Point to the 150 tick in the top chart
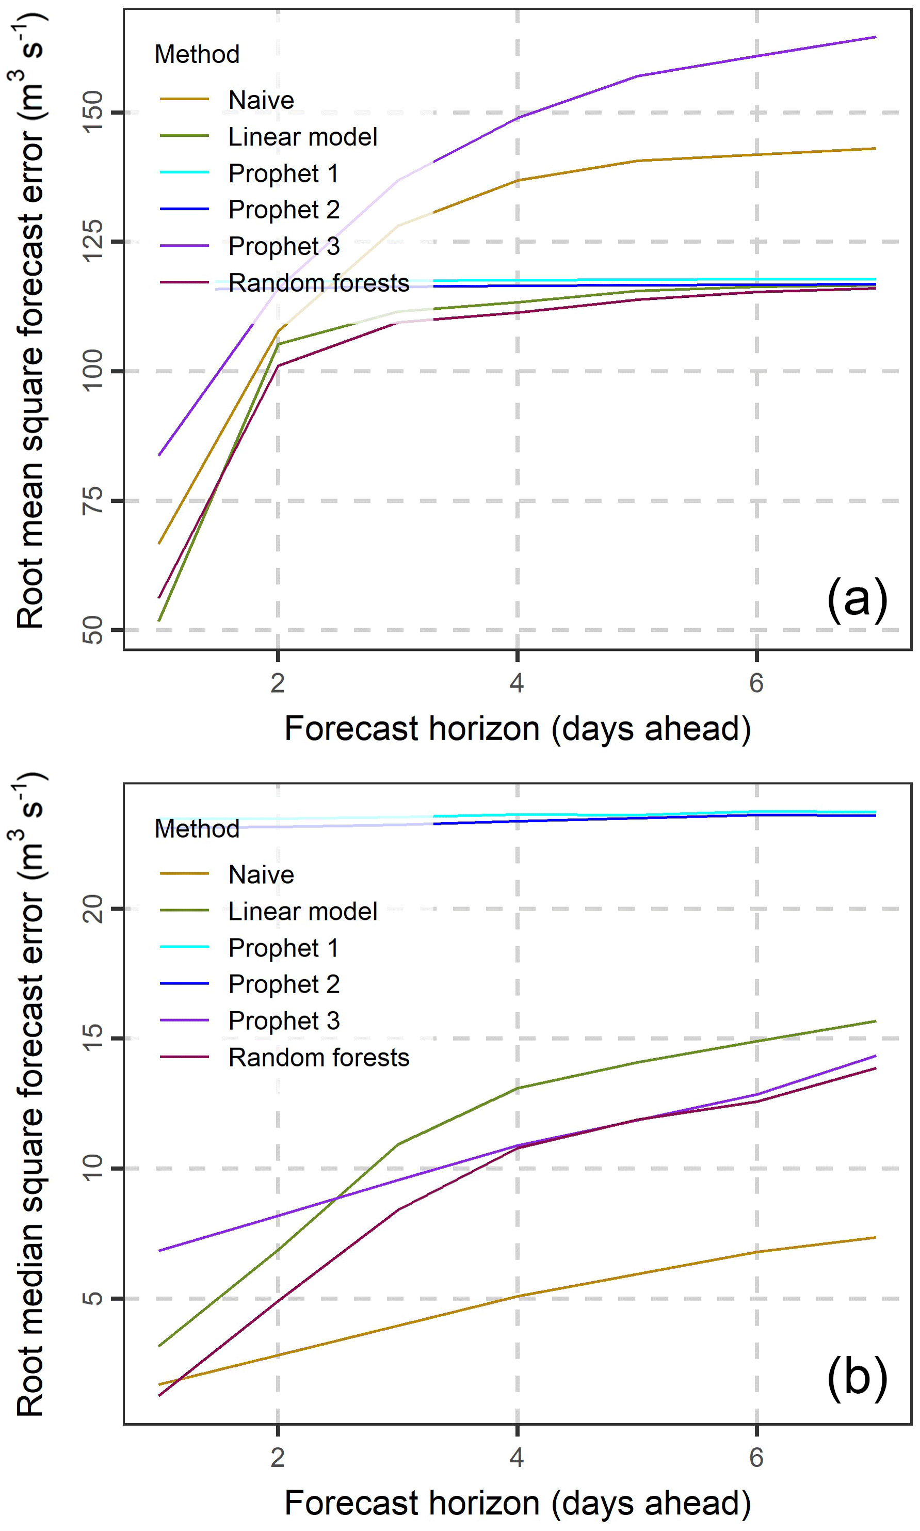93,112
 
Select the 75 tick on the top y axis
93,500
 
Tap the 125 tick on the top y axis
93,241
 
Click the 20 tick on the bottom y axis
93,909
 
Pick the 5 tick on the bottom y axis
93,1298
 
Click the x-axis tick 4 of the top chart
517,683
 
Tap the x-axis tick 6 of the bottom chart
756,1457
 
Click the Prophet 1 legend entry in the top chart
283,173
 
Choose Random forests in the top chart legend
318,283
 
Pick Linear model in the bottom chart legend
302,912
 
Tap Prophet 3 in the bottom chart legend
283,1020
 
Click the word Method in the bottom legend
197,829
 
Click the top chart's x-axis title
518,729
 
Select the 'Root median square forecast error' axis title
30,1094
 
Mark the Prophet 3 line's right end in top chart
875,37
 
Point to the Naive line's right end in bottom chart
875,1238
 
